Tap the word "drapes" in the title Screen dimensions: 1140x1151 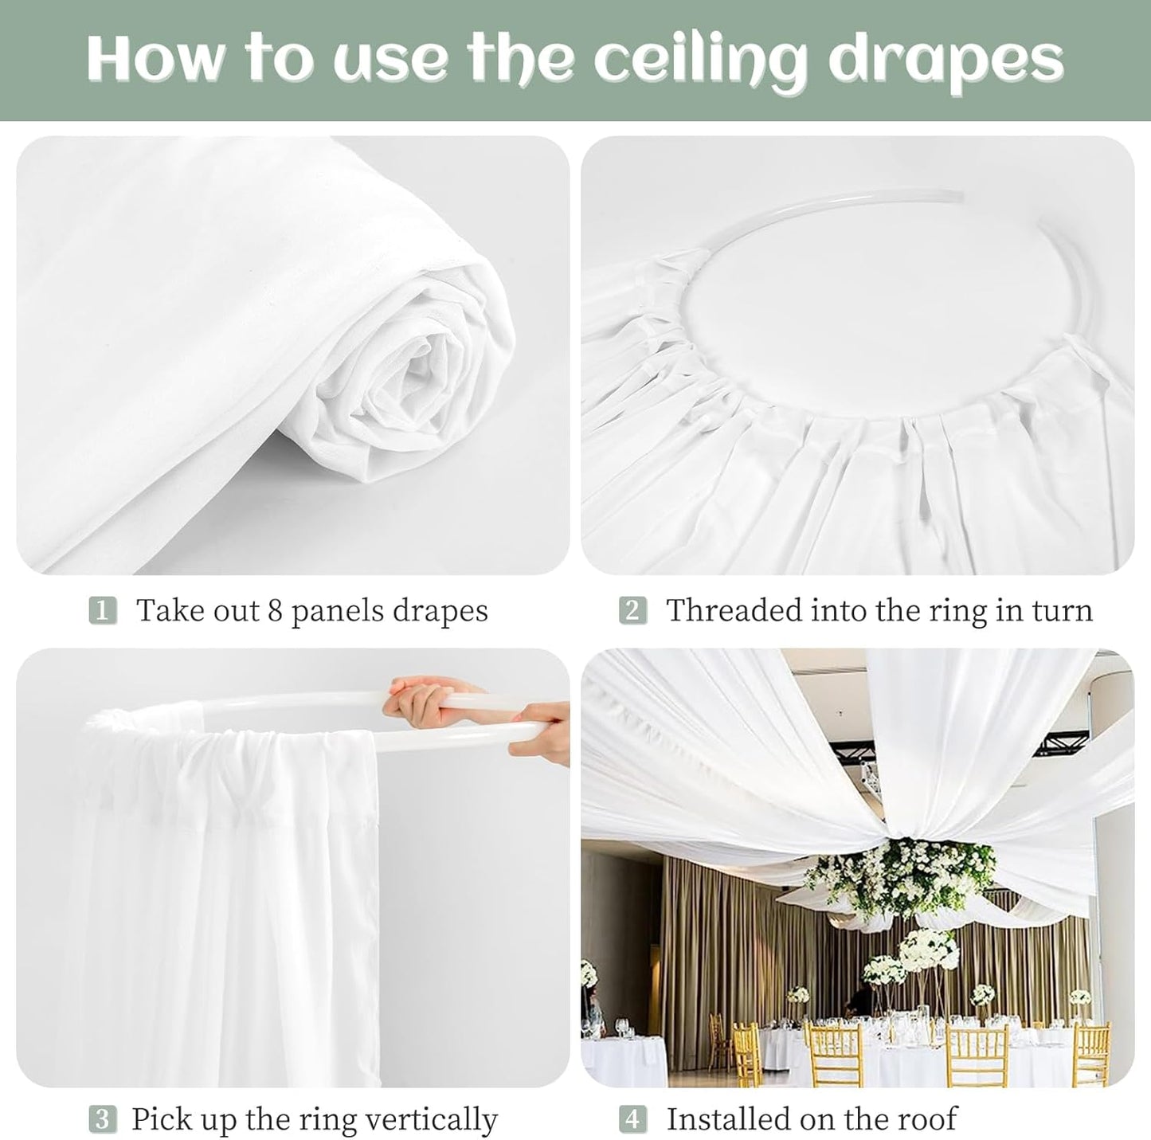pos(945,60)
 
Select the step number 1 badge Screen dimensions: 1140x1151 pos(102,611)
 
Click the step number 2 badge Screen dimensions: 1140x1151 pos(632,611)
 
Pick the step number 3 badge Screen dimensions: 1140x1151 pos(102,1119)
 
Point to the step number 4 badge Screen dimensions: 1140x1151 pos(632,1119)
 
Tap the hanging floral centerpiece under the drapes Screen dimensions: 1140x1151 pos(900,876)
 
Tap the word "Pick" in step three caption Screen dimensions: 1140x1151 pos(159,1119)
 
